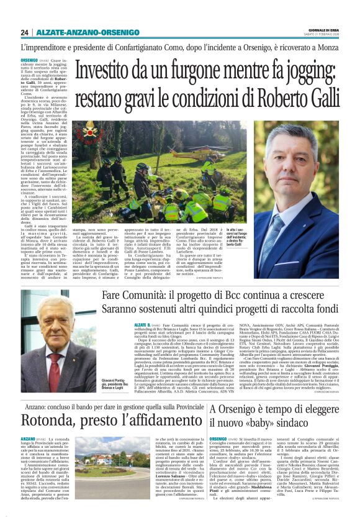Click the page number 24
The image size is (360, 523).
coord(24,32)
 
